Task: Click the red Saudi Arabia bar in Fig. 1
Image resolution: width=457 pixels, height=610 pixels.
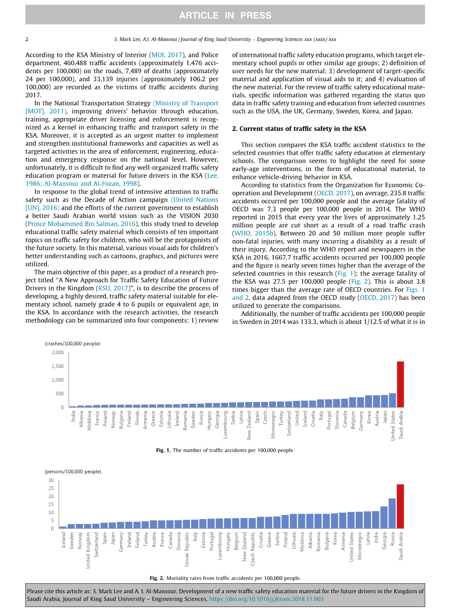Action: pyautogui.click(x=400, y=385)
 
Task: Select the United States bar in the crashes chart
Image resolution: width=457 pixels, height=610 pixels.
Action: pyautogui.click(x=392, y=400)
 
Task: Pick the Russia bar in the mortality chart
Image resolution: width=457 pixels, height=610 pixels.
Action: pyautogui.click(x=392, y=514)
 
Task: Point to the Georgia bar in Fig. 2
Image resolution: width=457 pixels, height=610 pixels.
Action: pyautogui.click(x=384, y=518)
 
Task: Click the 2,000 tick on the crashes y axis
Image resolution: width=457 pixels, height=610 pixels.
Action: pyautogui.click(x=57, y=352)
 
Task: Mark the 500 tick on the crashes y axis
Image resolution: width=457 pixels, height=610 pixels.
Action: pyautogui.click(x=59, y=394)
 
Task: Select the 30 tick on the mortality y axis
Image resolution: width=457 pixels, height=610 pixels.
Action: pyautogui.click(x=51, y=480)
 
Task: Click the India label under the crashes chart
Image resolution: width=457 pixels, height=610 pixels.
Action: pyautogui.click(x=73, y=418)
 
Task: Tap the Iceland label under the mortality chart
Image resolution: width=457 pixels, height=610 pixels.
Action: pyautogui.click(x=63, y=541)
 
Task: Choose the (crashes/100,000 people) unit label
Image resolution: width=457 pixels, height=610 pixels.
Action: pyautogui.click(x=73, y=344)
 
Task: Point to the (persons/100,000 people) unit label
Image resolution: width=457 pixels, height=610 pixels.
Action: pyautogui.click(x=73, y=472)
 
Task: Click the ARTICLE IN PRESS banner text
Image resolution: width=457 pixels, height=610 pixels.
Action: pyautogui.click(x=225, y=15)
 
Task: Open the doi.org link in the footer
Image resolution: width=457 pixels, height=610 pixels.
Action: pyautogui.click(x=266, y=599)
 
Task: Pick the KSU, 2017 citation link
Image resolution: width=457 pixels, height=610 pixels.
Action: pyautogui.click(x=113, y=289)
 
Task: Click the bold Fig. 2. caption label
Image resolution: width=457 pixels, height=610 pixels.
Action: pyautogui.click(x=157, y=578)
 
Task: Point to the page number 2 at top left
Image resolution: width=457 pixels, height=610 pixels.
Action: pyautogui.click(x=27, y=39)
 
